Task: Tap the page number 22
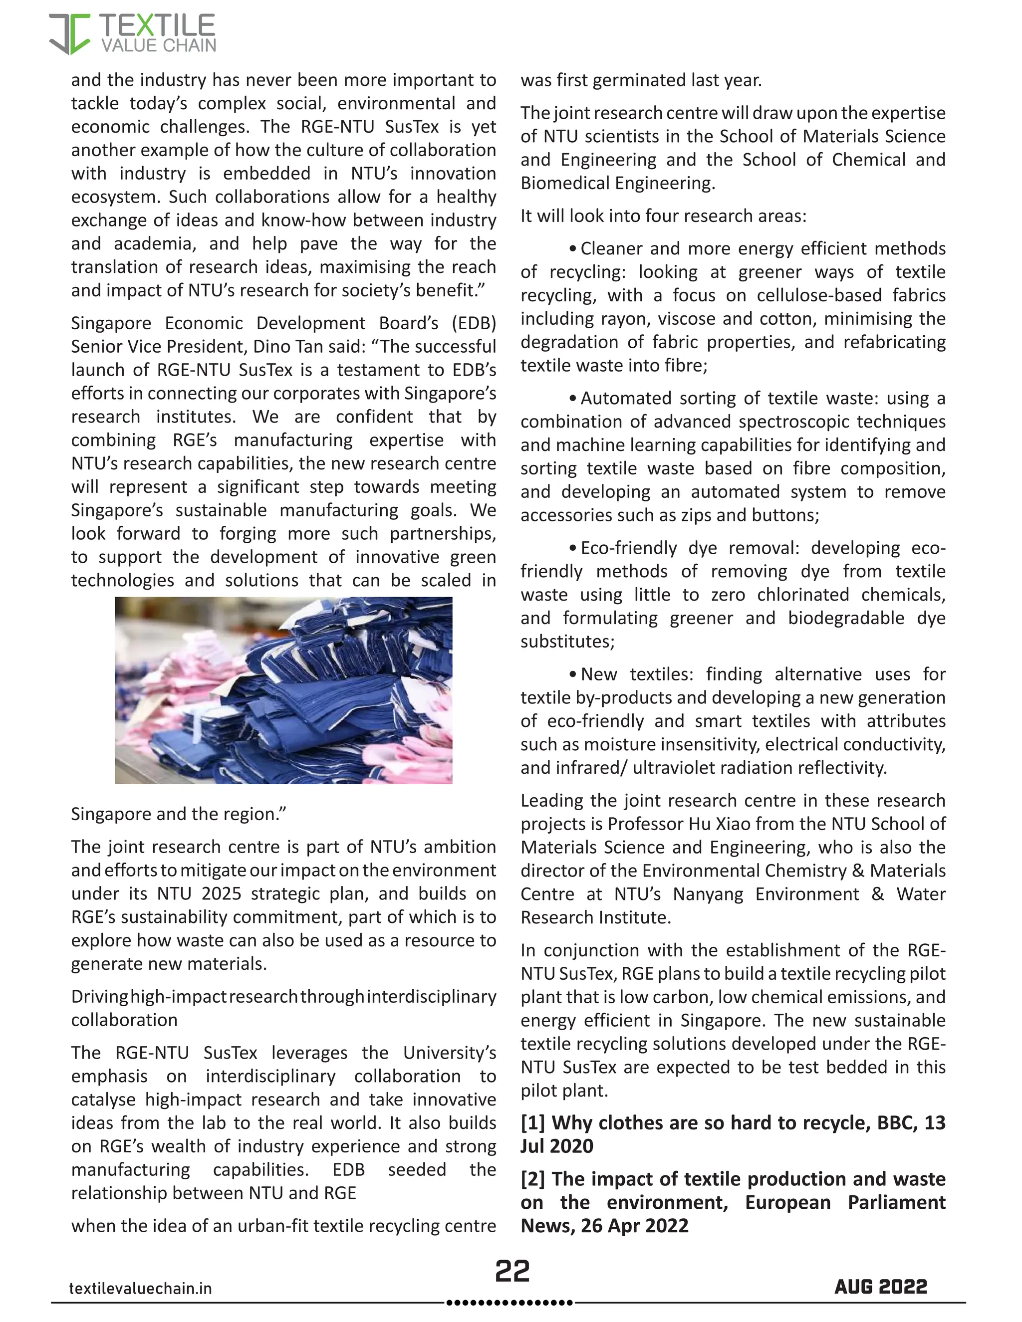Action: coord(512,1271)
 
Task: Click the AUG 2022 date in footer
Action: coord(880,1286)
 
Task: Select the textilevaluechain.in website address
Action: coord(140,1288)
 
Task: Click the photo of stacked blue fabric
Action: coord(283,690)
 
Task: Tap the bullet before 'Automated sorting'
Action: coord(573,398)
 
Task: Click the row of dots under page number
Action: coord(509,1302)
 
